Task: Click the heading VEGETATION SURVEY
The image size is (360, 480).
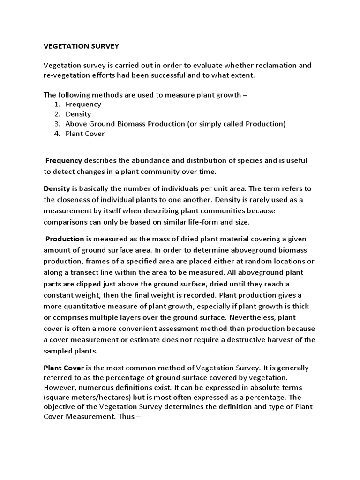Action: click(x=82, y=46)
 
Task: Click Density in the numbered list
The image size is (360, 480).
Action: click(x=78, y=114)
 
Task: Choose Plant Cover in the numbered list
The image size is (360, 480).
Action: click(x=85, y=134)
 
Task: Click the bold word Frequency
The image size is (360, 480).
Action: click(x=64, y=160)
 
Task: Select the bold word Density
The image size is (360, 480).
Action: click(x=57, y=188)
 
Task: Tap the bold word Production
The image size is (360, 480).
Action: click(x=65, y=239)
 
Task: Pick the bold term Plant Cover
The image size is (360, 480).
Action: click(x=63, y=368)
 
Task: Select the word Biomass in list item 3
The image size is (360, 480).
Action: click(x=142, y=124)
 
